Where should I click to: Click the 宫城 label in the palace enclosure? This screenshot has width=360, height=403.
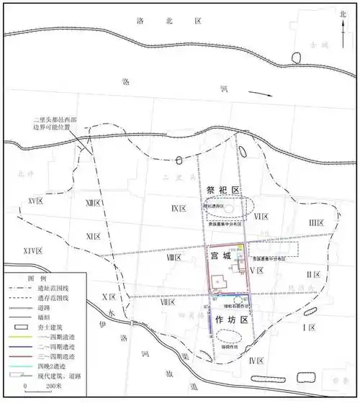tap(222, 255)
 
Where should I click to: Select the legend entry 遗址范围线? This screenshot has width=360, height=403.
tap(54, 288)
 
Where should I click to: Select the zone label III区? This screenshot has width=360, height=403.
tap(318, 224)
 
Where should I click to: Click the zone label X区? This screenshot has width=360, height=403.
tap(109, 296)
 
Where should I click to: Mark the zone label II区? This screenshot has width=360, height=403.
tap(312, 274)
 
